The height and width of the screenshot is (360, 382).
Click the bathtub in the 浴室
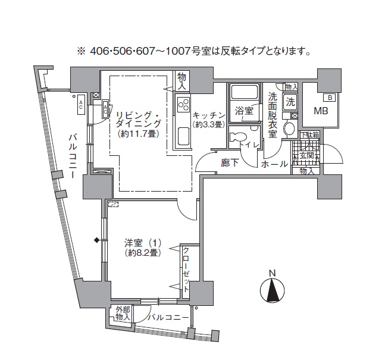243,93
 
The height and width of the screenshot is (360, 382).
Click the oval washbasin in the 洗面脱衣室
290,129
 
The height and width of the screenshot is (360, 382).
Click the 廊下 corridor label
230,163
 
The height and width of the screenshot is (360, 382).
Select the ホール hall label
275,164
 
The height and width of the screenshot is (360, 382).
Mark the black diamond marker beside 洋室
96,240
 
